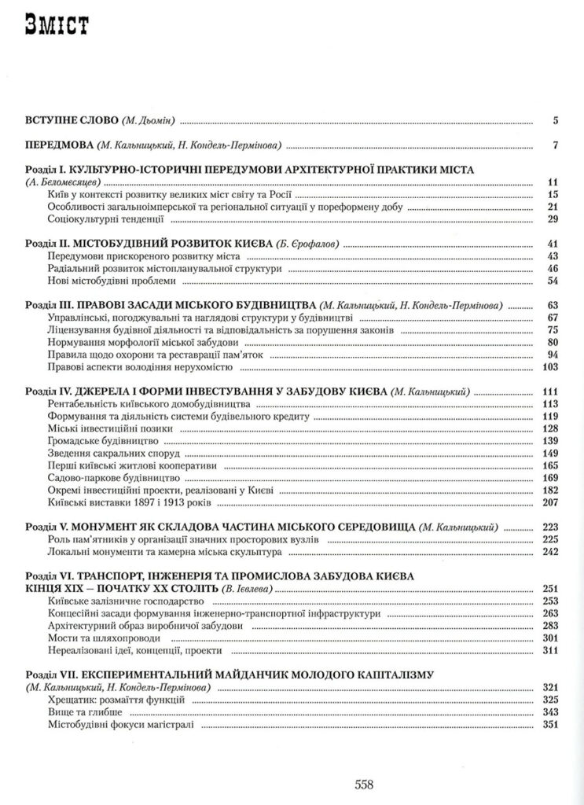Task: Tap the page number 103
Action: point(549,367)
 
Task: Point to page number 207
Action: point(549,502)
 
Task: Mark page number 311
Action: point(549,650)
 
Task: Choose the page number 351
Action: point(549,724)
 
